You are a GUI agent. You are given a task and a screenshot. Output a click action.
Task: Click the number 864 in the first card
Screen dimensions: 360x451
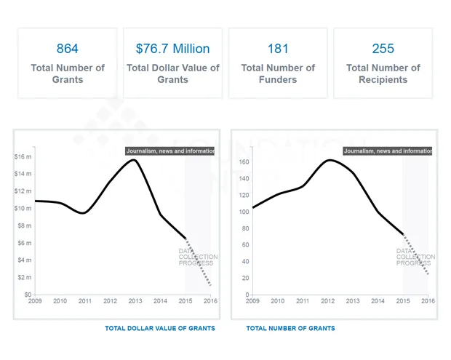(x=67, y=49)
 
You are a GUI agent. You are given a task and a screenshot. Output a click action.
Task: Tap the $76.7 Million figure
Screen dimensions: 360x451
(x=172, y=49)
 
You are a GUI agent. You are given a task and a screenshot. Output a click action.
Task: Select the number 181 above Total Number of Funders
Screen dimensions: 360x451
(x=278, y=49)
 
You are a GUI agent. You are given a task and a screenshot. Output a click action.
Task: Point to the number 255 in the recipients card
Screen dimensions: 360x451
(x=383, y=49)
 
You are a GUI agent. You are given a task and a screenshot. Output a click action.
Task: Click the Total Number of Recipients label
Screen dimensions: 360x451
(x=383, y=73)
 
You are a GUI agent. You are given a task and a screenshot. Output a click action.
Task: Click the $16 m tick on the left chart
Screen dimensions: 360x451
(x=23, y=156)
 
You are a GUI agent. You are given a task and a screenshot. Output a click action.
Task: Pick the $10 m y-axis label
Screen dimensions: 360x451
(x=23, y=209)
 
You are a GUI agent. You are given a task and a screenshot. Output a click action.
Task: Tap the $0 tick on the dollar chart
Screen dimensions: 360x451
(x=27, y=295)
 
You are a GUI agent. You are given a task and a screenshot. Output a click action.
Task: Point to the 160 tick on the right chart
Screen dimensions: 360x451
(x=244, y=162)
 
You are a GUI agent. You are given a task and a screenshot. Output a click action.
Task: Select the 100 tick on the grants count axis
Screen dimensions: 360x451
(x=244, y=212)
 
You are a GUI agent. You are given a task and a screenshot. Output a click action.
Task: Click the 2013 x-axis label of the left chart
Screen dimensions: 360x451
(x=135, y=301)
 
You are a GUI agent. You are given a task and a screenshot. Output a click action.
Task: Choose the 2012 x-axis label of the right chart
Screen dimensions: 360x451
(x=328, y=301)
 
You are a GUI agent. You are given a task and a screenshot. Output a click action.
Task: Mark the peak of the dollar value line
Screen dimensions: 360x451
(x=134, y=160)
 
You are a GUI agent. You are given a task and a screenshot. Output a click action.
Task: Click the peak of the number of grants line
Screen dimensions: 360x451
(x=329, y=160)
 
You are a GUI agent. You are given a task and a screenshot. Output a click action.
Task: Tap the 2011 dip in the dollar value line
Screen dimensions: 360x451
(x=84, y=213)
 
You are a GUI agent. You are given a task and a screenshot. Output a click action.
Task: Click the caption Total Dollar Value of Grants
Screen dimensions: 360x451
(x=160, y=329)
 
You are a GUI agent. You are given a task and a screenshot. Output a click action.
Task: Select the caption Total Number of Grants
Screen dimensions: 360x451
(x=290, y=329)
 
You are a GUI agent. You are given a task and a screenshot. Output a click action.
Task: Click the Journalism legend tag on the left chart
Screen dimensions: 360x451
(x=170, y=151)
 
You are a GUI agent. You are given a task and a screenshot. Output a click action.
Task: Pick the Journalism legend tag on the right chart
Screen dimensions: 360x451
(x=388, y=151)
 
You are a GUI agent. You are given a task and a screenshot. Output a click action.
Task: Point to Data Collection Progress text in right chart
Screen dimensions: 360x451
(x=415, y=257)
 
